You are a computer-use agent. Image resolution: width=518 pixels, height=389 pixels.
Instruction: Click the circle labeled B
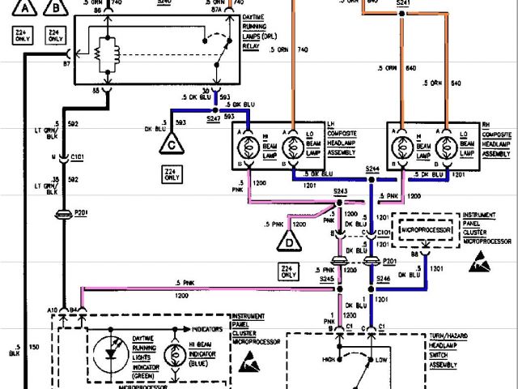55,9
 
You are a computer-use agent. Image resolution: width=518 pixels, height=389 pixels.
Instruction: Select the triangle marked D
289,241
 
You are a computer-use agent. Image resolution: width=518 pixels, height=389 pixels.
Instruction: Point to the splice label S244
372,169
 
